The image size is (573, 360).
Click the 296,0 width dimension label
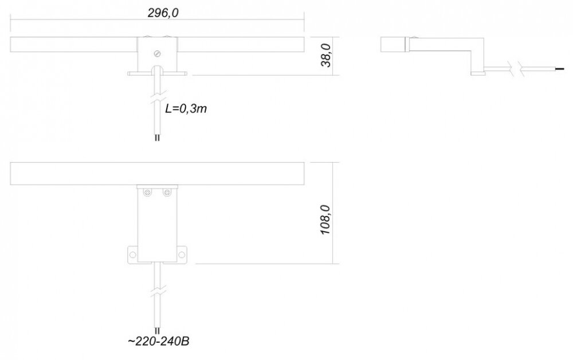pyautogui.click(x=163, y=13)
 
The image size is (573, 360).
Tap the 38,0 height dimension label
pyautogui.click(x=325, y=55)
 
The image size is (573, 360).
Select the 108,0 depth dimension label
pyautogui.click(x=325, y=220)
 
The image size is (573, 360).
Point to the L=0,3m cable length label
pyautogui.click(x=186, y=108)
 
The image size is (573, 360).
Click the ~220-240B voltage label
pyautogui.click(x=159, y=341)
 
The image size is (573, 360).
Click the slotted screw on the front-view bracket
pyautogui.click(x=158, y=54)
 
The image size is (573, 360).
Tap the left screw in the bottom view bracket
pyautogui.click(x=148, y=192)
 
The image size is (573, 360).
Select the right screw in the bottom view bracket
pyautogui.click(x=167, y=192)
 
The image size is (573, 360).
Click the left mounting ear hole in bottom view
pyautogui.click(x=132, y=255)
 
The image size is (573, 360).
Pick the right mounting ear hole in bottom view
pyautogui.click(x=182, y=255)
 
